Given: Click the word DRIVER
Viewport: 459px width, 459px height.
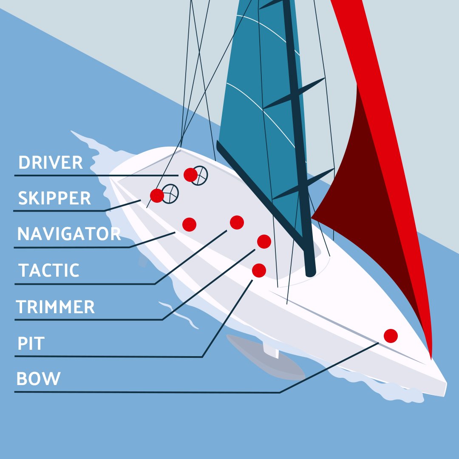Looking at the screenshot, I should [x=51, y=162].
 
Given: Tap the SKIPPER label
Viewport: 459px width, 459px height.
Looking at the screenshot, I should [x=54, y=198].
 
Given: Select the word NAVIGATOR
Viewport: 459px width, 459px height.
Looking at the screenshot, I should [x=69, y=234].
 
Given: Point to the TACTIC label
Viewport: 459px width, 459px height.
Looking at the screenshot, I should [x=49, y=270].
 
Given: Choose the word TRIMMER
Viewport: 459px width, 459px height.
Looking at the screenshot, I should [x=55, y=307].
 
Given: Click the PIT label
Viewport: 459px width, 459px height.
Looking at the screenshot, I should [x=31, y=343].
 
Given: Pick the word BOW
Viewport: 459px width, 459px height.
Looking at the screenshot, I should [x=38, y=379].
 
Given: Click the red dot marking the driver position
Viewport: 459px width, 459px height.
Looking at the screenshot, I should [x=190, y=174].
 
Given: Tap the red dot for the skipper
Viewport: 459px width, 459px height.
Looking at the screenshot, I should [x=157, y=195].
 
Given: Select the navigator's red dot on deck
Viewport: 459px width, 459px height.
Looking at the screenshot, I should [x=189, y=224].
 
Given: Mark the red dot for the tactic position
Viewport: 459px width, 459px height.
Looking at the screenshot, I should [x=237, y=222].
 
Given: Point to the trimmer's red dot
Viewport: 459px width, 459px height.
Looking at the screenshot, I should [x=264, y=241].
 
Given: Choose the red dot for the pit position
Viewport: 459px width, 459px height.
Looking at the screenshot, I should [x=259, y=270].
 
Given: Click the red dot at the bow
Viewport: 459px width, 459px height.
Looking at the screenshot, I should [x=391, y=336].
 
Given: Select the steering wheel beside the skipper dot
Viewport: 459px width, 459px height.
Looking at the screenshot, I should [x=171, y=193].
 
